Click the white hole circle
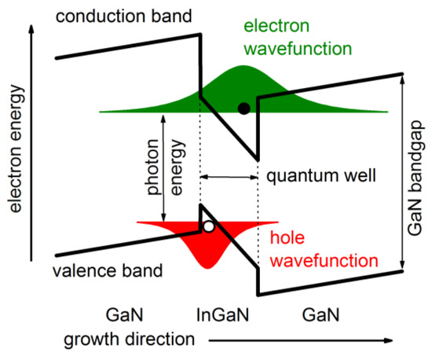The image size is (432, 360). [x=208, y=226]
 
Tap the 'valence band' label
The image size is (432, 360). [x=108, y=272]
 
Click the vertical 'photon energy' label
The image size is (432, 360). [x=184, y=168]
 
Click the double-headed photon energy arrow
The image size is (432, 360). [x=163, y=168]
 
